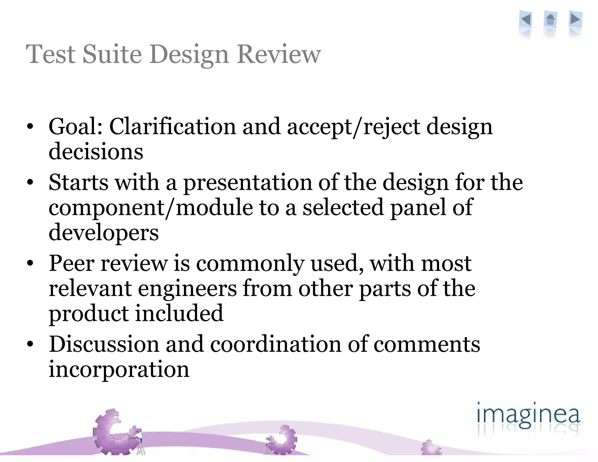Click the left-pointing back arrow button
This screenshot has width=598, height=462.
[526, 20]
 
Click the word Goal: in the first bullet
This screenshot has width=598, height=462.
[76, 127]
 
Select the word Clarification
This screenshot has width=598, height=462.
[172, 127]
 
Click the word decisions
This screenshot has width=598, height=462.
[96, 152]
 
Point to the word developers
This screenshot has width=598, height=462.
[104, 233]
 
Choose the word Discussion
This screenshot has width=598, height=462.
[104, 344]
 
